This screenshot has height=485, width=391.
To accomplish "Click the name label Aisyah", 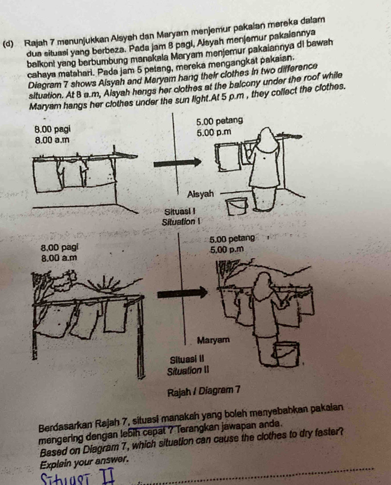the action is coord(201,194).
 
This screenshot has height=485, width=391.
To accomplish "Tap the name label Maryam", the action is coord(214,340).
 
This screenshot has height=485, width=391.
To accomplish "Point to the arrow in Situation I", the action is coord(177,162).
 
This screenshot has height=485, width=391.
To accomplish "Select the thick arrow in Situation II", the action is coord(182,293).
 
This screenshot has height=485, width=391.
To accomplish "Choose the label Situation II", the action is coord(188,371).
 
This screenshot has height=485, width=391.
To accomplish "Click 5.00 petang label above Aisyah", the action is coord(219,120).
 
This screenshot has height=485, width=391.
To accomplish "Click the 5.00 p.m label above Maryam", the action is coord(226,249).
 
